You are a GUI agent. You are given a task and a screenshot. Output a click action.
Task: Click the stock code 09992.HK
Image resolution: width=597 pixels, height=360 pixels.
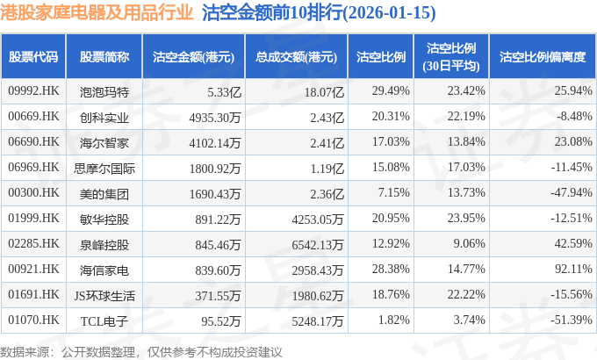pos(33,90)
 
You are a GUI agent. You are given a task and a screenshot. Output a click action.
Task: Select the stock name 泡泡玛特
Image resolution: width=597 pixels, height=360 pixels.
pos(104,90)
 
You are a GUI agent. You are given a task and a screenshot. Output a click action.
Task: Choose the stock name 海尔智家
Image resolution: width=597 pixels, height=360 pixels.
pos(104,141)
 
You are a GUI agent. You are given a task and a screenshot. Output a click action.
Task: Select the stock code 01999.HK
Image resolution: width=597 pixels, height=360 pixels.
pos(33,218)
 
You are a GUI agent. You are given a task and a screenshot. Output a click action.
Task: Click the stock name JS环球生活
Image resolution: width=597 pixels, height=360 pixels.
pos(104,294)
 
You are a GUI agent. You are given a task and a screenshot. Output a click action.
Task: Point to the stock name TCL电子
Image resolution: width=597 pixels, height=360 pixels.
pos(104,320)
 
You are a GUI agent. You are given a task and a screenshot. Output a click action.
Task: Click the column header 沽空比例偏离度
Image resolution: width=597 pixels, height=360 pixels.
pos(542,57)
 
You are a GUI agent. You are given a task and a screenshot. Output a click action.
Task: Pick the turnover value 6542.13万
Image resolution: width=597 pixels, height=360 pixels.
pos(307,243)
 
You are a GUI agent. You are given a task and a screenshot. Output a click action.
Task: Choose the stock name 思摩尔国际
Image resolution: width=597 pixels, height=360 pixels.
pos(104,167)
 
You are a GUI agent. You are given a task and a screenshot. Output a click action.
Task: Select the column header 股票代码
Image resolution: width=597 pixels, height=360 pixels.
pos(33,57)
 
